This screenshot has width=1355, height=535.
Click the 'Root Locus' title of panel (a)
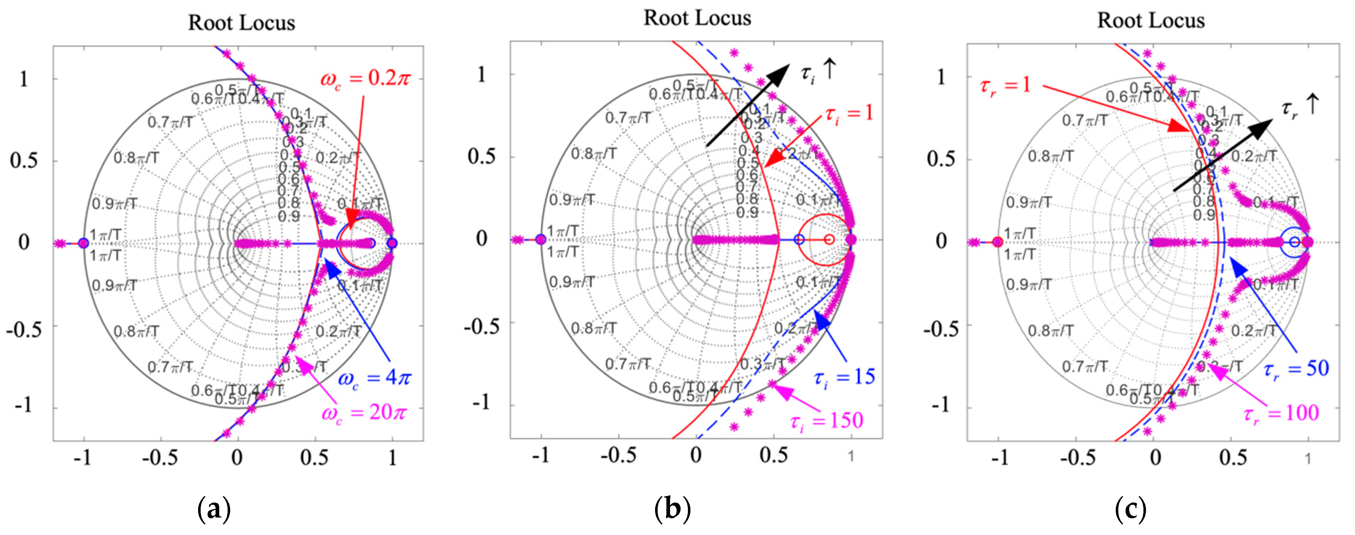pos(241,23)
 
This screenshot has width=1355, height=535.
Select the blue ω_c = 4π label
pos(374,378)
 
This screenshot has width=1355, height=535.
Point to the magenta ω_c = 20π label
pos(364,413)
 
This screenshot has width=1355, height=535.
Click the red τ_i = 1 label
pos(848,113)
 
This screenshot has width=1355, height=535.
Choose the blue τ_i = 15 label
pos(844,377)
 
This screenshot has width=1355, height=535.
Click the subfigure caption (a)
pos(213,509)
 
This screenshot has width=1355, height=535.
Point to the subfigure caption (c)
pos(1130,509)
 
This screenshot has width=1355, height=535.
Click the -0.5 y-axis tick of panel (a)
pos(24,330)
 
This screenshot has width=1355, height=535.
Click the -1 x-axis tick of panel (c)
pos(1000,458)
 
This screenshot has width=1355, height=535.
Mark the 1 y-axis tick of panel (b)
pos(481,74)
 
